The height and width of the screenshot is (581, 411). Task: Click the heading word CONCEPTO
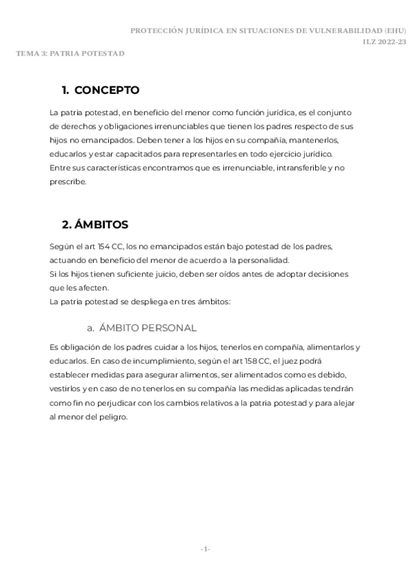pyautogui.click(x=106, y=90)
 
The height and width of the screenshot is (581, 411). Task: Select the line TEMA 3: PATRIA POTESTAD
pyautogui.click(x=71, y=53)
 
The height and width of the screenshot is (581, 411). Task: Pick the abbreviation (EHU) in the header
pyautogui.click(x=396, y=31)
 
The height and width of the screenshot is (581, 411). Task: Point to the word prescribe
pyautogui.click(x=68, y=182)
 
